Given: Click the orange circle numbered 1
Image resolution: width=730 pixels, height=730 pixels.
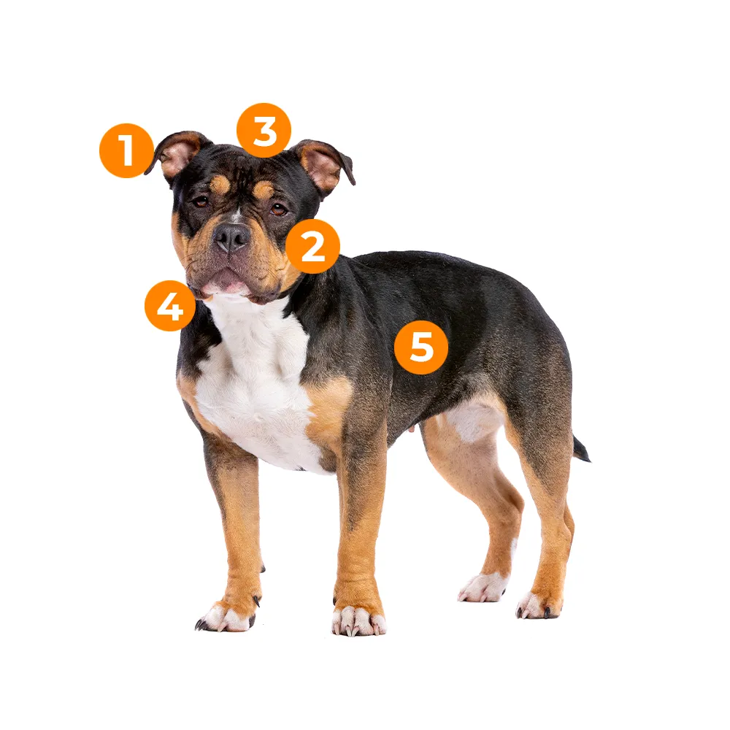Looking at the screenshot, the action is coord(126,150).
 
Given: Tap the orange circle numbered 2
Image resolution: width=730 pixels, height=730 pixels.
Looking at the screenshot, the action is coord(313,246).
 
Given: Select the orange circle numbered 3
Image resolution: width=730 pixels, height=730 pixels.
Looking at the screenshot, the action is coord(264,131).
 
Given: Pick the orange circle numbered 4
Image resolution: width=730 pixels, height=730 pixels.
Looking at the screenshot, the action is coord(170,306).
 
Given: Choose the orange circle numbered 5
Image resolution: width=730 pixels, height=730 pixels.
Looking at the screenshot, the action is coord(421,347).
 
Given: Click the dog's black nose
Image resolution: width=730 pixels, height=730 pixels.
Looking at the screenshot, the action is coord(231,237).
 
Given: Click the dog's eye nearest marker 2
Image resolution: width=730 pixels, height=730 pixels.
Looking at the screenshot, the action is coord(279,209).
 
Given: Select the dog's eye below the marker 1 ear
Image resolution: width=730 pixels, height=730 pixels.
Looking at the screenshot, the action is coord(201,201).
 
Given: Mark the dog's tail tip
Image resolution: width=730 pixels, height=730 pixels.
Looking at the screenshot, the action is coord(587,458).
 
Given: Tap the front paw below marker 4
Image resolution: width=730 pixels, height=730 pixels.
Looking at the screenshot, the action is coord(226,615).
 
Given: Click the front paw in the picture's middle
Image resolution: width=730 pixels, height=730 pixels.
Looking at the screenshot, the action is coord(358,619).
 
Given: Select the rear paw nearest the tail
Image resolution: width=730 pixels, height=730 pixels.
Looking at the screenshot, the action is coord(539,605).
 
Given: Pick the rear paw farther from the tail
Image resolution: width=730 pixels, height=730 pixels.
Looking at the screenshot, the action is coord(482,588).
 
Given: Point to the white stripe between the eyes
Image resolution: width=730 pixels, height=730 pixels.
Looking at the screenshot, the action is coord(237,215).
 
